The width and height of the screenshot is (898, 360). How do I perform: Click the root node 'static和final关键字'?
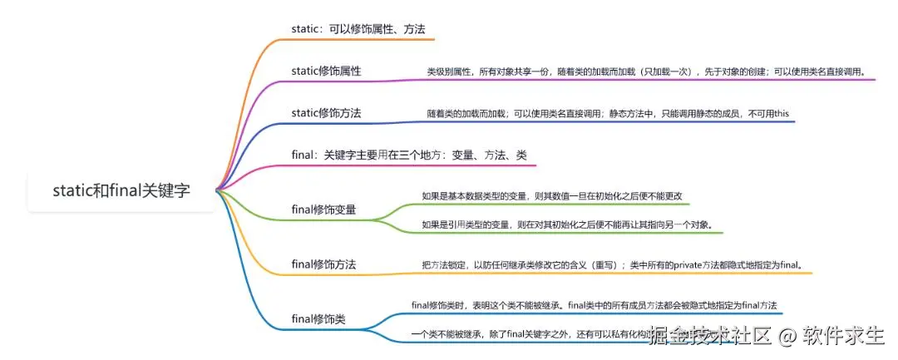pyautogui.click(x=121, y=190)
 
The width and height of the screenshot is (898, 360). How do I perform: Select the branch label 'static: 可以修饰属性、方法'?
pyautogui.click(x=358, y=29)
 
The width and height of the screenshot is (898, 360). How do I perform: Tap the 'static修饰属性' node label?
pyautogui.click(x=327, y=71)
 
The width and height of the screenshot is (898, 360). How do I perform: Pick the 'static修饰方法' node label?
pyautogui.click(x=327, y=112)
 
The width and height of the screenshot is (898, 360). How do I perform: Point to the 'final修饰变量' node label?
pyautogui.click(x=324, y=210)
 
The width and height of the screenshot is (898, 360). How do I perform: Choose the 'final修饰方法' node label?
pyautogui.click(x=324, y=264)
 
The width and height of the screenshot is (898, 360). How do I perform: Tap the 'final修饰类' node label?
pyautogui.click(x=319, y=318)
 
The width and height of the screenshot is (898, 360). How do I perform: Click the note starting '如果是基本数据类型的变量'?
pyautogui.click(x=552, y=196)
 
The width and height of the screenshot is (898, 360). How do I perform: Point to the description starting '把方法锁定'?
pyautogui.click(x=615, y=265)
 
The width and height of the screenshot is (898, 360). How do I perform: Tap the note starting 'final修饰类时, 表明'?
pyautogui.click(x=595, y=305)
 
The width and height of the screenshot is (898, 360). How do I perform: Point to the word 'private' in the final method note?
pyautogui.click(x=692, y=265)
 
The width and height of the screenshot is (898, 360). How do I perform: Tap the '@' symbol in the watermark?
pyautogui.click(x=787, y=336)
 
